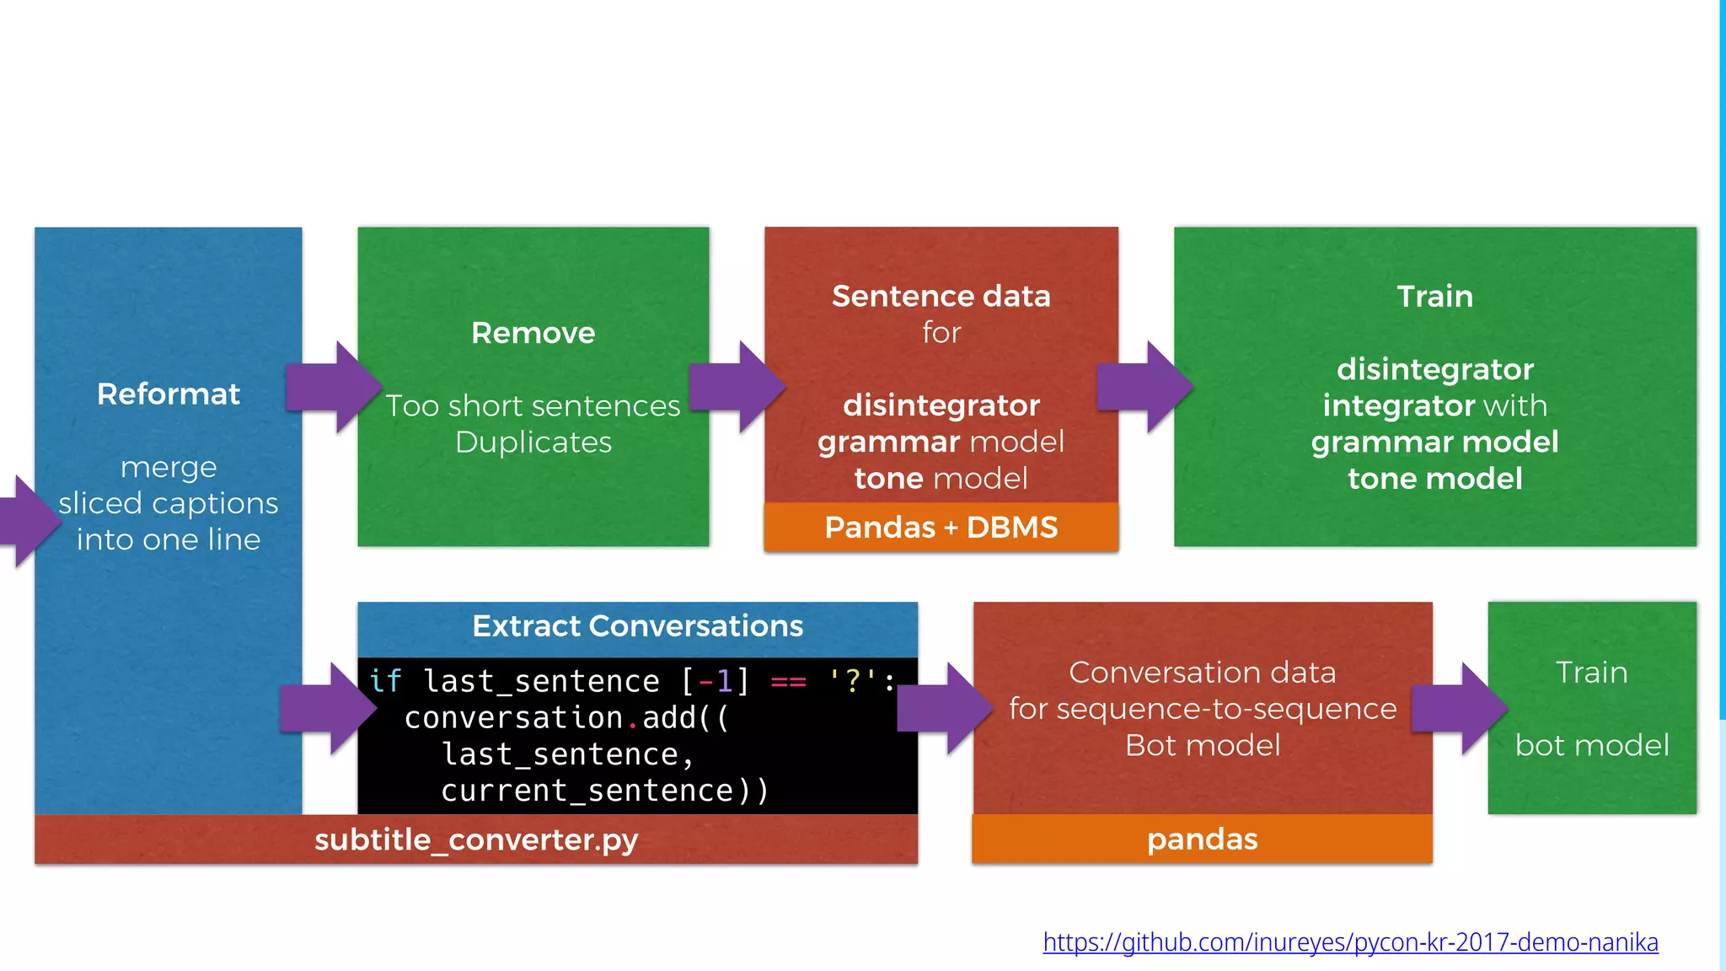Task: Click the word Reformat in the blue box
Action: click(x=169, y=394)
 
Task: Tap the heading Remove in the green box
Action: click(x=533, y=333)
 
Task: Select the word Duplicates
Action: click(x=533, y=443)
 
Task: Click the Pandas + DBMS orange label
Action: click(x=941, y=528)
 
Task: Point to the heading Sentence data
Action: click(x=941, y=297)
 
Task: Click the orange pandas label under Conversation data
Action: click(x=1202, y=840)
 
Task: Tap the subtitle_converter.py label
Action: click(x=476, y=840)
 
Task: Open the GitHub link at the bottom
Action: click(x=1350, y=941)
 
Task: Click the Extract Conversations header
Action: click(x=637, y=626)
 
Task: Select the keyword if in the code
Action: click(x=385, y=680)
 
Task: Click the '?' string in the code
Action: click(x=853, y=680)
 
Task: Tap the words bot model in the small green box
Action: click(x=1591, y=745)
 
